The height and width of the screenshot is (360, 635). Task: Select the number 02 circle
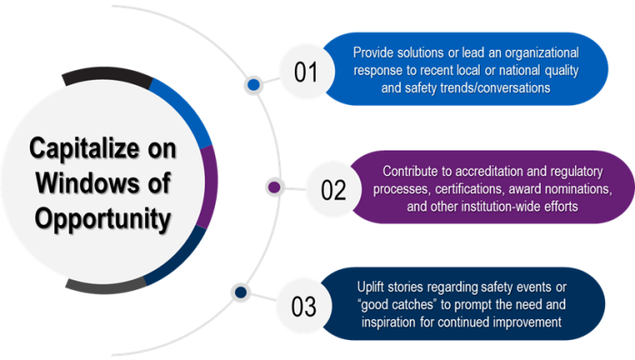point(333,190)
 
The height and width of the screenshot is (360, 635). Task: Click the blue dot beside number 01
point(255,86)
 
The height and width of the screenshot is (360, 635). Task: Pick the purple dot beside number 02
point(272,188)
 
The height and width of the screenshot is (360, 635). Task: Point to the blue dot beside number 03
point(239,292)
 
